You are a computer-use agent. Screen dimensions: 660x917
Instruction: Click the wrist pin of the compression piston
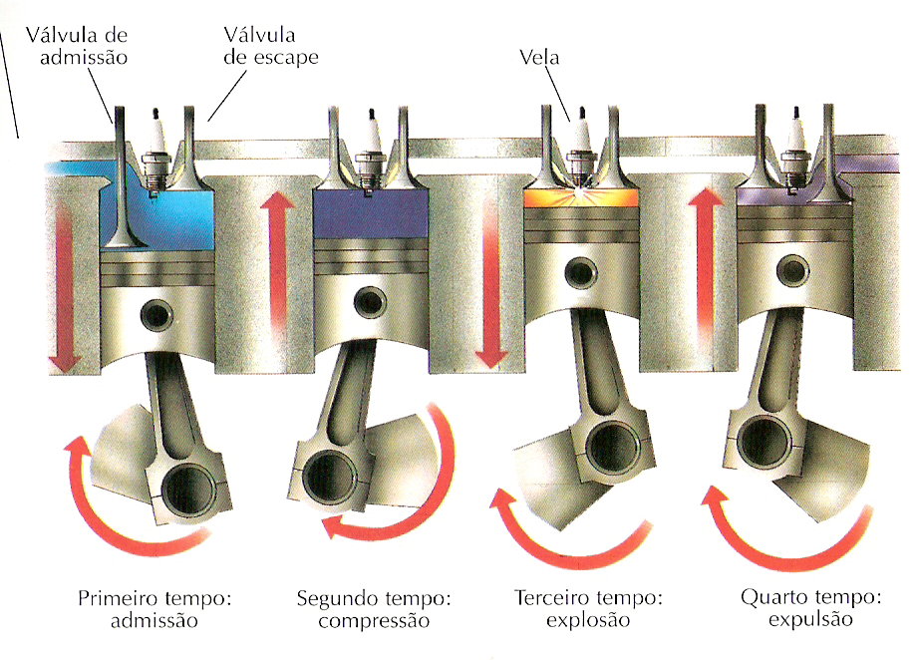(x=369, y=299)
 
